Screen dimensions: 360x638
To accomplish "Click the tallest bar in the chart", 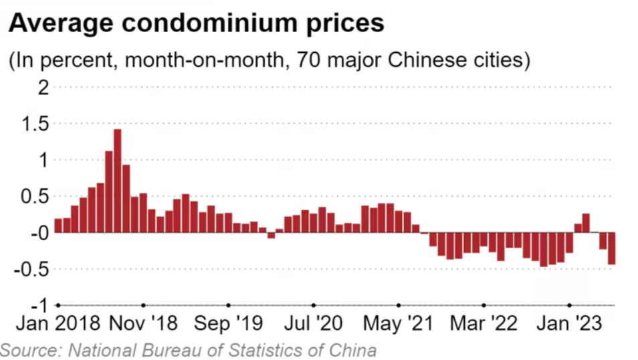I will [x=117, y=181].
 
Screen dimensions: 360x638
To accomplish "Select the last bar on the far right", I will [x=611, y=248].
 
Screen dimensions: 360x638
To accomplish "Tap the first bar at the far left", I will [x=58, y=226].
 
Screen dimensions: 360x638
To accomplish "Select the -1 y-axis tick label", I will [x=38, y=305].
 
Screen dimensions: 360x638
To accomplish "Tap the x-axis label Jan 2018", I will [x=58, y=325].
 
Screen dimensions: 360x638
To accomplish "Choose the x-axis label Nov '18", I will [x=142, y=325].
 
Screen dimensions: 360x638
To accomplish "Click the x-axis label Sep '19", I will [x=228, y=325].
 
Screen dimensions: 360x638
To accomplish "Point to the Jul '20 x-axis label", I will [x=313, y=325].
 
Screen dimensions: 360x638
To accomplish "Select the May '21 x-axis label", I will [x=398, y=325].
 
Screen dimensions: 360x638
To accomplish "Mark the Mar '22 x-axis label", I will [x=484, y=325].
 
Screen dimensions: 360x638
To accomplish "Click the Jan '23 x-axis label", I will [x=568, y=325].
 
